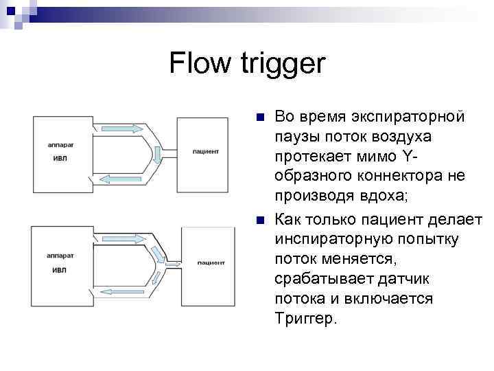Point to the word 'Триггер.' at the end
click(x=306, y=319)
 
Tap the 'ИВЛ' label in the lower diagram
click(x=60, y=269)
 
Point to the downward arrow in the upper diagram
click(x=158, y=155)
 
